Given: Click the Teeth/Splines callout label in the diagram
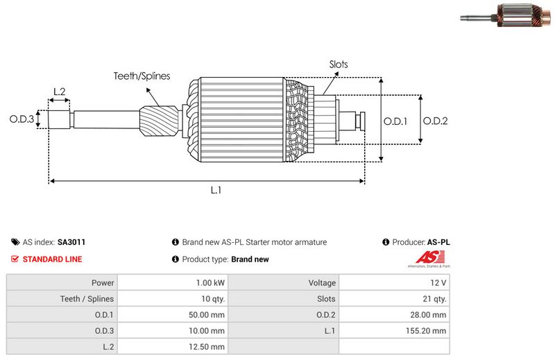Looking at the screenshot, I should pyautogui.click(x=142, y=76).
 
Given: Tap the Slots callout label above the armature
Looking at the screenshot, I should pyautogui.click(x=339, y=65).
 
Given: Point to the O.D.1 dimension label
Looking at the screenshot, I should pyautogui.click(x=395, y=121).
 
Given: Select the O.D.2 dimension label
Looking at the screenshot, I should pyautogui.click(x=436, y=121).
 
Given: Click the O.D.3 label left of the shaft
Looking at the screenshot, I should pyautogui.click(x=22, y=119).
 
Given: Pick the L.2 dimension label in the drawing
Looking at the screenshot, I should pyautogui.click(x=59, y=92).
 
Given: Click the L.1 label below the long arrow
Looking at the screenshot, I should pyautogui.click(x=216, y=190).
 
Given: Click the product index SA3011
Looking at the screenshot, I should pyautogui.click(x=71, y=242).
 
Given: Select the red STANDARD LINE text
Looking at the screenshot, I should pyautogui.click(x=52, y=259).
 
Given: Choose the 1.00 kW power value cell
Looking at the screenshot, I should pyautogui.click(x=210, y=283).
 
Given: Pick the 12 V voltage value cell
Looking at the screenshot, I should pyautogui.click(x=438, y=283).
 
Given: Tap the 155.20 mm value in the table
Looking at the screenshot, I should pyautogui.click(x=428, y=331).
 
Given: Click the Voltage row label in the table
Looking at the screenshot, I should pyautogui.click(x=322, y=283).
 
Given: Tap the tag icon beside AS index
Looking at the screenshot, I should pyautogui.click(x=15, y=242).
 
